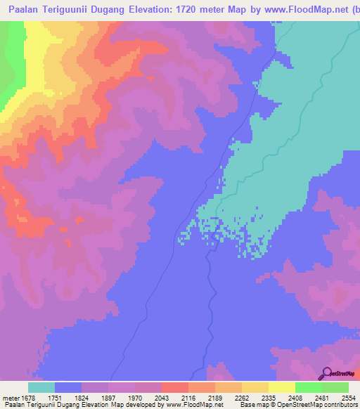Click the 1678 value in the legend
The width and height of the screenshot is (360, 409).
tap(28, 396)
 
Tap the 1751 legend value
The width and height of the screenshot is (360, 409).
tap(56, 396)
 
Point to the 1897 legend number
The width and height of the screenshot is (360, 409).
tap(109, 396)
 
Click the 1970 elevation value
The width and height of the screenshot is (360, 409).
tap(136, 396)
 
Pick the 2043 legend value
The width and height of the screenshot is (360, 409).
tap(162, 396)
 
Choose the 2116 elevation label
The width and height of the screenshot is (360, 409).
tap(189, 396)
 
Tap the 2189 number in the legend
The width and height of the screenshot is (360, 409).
tap(216, 396)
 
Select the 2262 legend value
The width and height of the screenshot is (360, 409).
tap(243, 396)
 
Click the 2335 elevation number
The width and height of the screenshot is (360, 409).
tap(269, 396)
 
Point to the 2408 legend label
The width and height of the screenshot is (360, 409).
tap(296, 396)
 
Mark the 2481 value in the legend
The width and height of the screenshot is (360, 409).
tap(323, 396)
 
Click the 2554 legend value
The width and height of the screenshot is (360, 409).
tap(349, 396)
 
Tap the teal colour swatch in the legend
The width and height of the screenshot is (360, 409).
tap(41, 387)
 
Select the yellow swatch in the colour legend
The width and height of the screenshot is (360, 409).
tap(281, 387)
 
